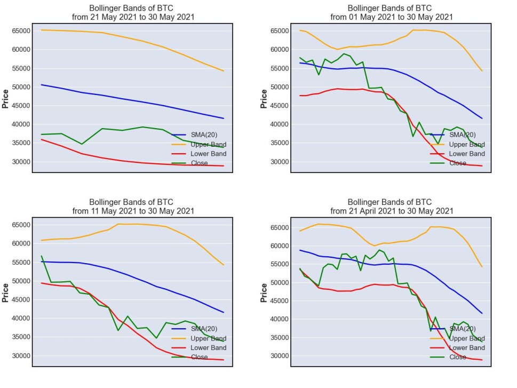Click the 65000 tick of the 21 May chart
pos(21,30)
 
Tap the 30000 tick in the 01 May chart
pos(280,162)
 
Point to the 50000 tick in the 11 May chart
pos(21,281)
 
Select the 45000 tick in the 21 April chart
pos(280,300)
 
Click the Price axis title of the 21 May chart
pos(5,99)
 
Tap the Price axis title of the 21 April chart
pos(264,292)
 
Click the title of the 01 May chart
pos(392,12)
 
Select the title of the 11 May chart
pos(133,207)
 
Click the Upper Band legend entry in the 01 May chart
pos(457,144)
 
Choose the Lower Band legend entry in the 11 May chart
pos(199,347)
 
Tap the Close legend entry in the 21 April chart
pos(448,357)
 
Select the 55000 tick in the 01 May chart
pos(280,68)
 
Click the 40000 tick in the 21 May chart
pos(21,124)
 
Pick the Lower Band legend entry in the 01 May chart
pos(457,153)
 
